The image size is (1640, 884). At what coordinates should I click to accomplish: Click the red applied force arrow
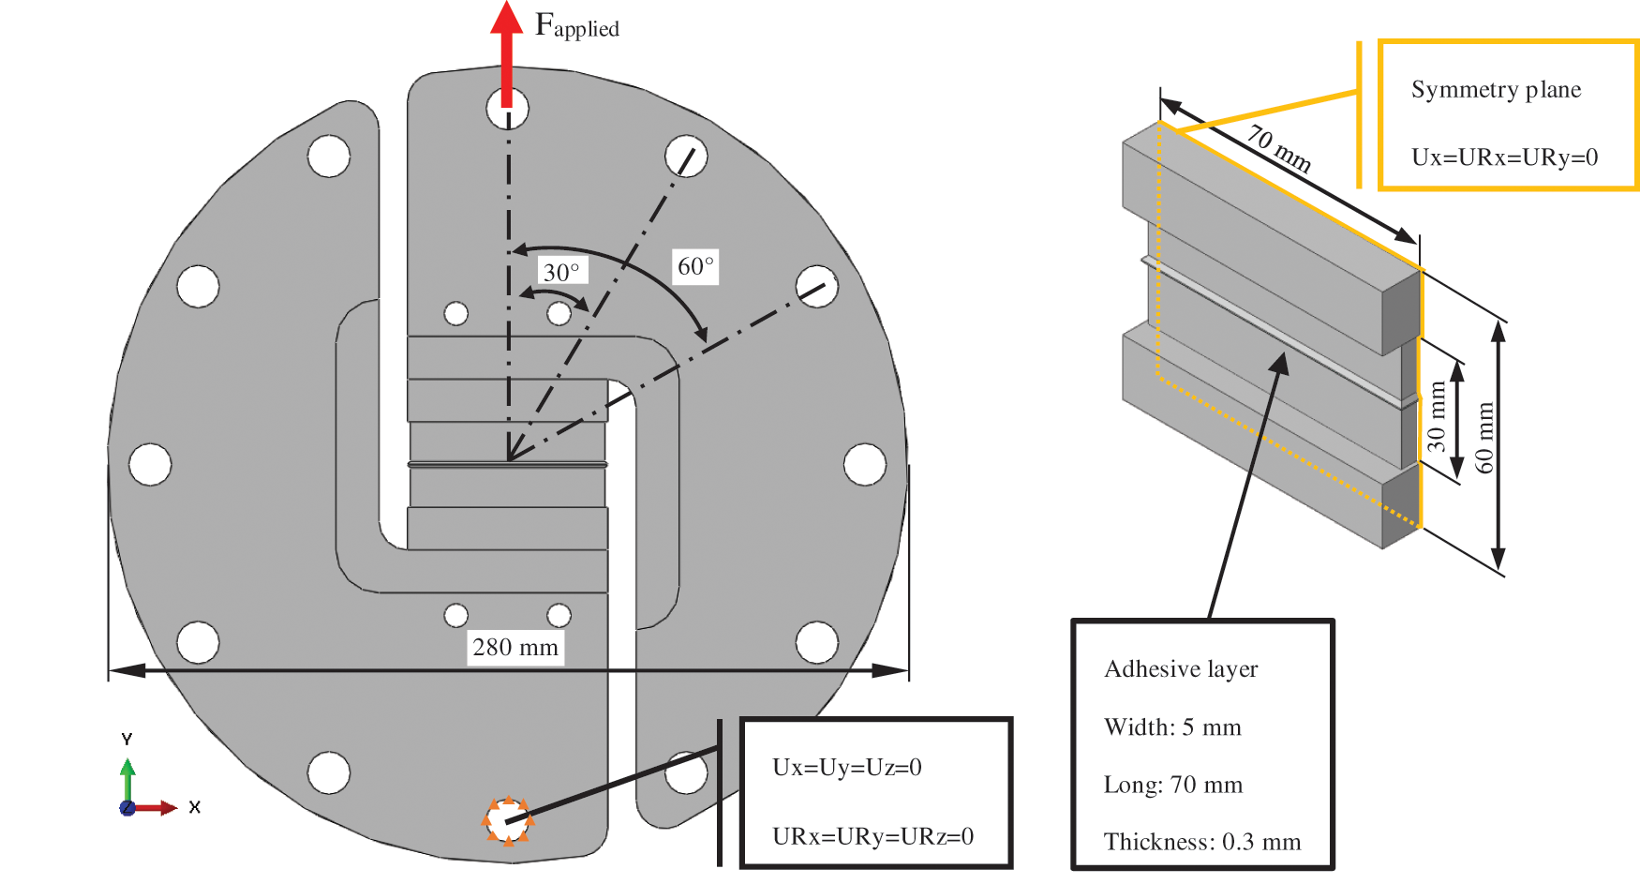tap(507, 52)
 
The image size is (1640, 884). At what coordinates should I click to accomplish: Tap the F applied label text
tap(575, 25)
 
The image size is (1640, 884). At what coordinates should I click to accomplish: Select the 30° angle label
tap(561, 272)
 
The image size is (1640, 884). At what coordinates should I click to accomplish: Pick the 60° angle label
tap(695, 266)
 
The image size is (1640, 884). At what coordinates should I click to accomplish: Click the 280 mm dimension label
tap(515, 647)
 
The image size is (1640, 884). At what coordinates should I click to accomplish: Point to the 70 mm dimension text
tap(1278, 148)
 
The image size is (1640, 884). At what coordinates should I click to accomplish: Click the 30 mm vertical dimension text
tap(1436, 416)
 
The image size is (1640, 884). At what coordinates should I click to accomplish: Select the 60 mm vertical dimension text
tap(1484, 437)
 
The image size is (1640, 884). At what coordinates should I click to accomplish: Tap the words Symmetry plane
tap(1496, 90)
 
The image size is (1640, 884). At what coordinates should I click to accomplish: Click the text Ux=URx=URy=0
tap(1504, 157)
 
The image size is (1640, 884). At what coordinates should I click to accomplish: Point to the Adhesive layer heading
tap(1181, 668)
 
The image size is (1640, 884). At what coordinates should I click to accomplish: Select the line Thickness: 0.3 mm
tap(1202, 841)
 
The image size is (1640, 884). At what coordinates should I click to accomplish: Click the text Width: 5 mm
tap(1172, 727)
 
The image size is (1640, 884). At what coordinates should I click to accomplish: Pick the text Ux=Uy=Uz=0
tap(846, 767)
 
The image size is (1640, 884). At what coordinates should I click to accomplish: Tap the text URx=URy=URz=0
tap(872, 835)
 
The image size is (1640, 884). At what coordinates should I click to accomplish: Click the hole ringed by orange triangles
tap(508, 821)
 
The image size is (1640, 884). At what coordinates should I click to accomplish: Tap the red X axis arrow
tap(156, 807)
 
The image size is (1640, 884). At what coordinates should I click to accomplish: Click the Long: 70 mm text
tap(1173, 784)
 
